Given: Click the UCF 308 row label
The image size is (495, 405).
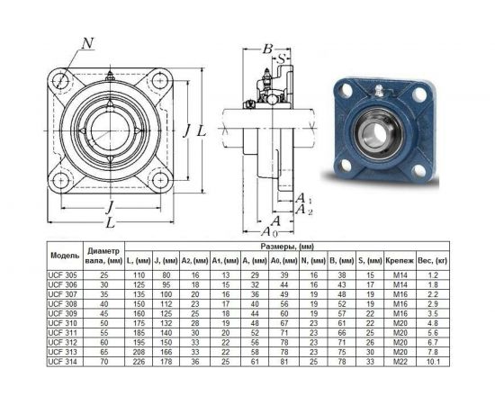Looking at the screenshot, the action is (62, 304).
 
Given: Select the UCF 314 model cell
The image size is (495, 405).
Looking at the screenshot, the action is (62, 362).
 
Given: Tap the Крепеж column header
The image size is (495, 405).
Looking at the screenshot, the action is (400, 261).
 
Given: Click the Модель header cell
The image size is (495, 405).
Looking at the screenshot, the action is (65, 256).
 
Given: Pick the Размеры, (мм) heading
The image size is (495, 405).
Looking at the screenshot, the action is (287, 247).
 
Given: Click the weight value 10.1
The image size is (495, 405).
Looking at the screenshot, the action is (433, 362).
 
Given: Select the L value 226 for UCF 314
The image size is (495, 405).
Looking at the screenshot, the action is (139, 362).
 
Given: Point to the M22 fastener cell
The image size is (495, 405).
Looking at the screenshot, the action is (400, 362).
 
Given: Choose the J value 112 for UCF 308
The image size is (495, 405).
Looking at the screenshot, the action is (166, 304).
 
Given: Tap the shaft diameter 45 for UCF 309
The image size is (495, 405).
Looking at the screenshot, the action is (103, 313).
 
